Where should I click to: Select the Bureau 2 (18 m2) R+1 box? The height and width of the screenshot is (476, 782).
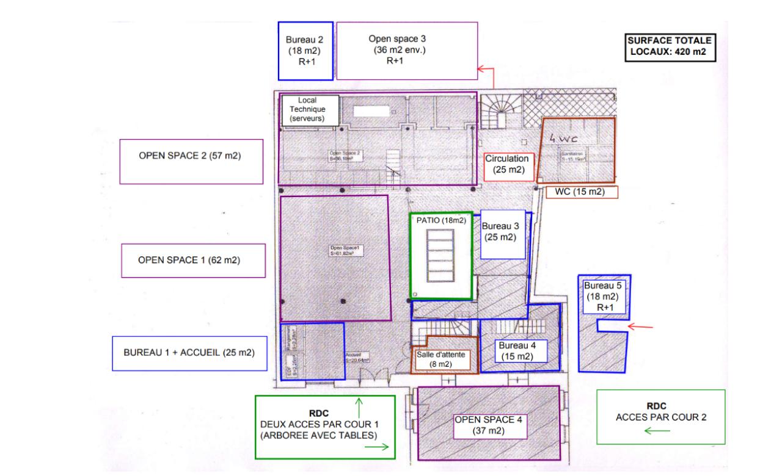point(305,51)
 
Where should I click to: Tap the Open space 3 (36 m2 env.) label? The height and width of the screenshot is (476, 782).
point(406,51)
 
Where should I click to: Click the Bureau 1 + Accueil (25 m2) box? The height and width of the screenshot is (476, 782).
point(189,353)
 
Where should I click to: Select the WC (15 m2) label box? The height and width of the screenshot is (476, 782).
point(579,192)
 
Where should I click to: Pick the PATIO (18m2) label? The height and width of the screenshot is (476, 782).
point(441,221)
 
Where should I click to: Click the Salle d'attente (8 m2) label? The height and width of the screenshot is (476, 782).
point(444,359)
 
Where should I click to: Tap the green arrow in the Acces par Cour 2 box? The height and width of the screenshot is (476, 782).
point(658,431)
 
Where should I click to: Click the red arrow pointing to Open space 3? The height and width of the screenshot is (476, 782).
point(486,72)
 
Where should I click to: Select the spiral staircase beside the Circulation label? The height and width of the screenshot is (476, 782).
point(499,112)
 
